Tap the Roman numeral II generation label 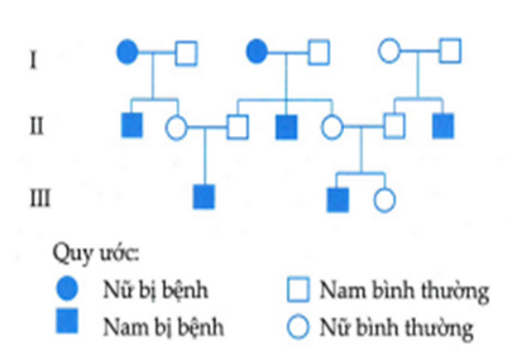(x=35, y=125)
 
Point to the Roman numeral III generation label (x=37, y=198)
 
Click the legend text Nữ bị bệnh (x=145, y=289)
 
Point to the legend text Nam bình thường (x=393, y=288)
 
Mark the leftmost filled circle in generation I (x=127, y=52)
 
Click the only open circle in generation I (x=389, y=51)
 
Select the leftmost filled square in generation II (x=131, y=124)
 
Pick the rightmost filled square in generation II (x=443, y=124)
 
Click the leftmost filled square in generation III (x=203, y=197)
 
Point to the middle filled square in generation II (x=286, y=124)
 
